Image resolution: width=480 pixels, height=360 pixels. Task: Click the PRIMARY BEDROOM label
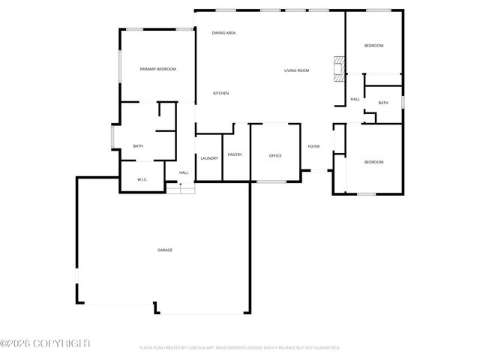point(157,69)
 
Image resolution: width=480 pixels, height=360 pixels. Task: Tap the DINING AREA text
point(223,33)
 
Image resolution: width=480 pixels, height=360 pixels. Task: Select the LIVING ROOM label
point(296,70)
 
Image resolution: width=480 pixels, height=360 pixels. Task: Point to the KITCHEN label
point(220,93)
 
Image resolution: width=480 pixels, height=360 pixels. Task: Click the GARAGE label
point(164,250)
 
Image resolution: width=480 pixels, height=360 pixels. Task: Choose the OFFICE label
point(275,155)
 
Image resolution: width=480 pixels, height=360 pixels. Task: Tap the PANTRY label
point(235,154)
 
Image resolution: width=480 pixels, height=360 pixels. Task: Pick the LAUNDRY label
point(208,158)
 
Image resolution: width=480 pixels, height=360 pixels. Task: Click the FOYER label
point(314,147)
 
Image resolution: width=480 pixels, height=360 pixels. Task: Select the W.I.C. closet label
point(142,179)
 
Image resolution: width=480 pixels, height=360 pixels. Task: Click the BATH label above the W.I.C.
point(138,146)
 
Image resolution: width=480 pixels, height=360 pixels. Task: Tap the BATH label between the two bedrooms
point(383,103)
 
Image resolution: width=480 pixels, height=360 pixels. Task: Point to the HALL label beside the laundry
point(183,172)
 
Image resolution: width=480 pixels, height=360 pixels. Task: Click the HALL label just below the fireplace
point(355,99)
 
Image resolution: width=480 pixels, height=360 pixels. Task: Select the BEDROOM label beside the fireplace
point(373,46)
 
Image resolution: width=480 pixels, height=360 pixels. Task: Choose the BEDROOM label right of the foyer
point(373,162)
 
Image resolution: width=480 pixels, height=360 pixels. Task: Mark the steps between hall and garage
point(180,190)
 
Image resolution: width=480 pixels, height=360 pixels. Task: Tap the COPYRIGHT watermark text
point(45,343)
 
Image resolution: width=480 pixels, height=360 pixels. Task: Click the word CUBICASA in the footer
point(197,348)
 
